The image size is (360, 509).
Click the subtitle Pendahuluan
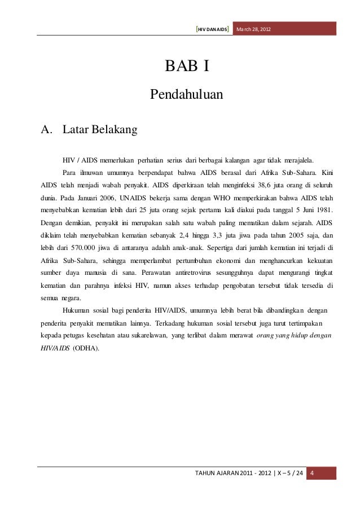pyautogui.click(x=187, y=93)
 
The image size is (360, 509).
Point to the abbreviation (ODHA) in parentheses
pyautogui.click(x=85, y=348)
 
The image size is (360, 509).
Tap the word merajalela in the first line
pyautogui.click(x=301, y=159)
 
